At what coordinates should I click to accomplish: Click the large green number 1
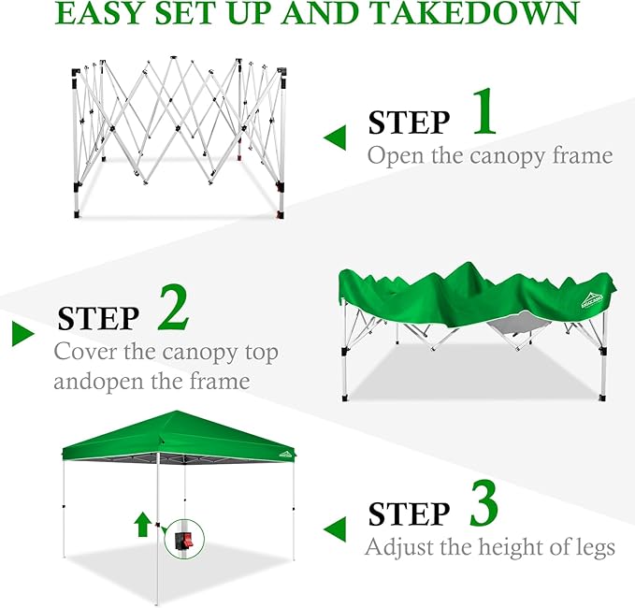pyautogui.click(x=484, y=112)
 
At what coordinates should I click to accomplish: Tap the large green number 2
pyautogui.click(x=173, y=308)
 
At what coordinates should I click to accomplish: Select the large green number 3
pyautogui.click(x=483, y=503)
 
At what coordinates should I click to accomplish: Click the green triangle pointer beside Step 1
pyautogui.click(x=336, y=138)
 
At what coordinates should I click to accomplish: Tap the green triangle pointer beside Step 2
pyautogui.click(x=22, y=334)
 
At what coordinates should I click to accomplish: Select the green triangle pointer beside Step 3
pyautogui.click(x=336, y=528)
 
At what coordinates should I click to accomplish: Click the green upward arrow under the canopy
pyautogui.click(x=142, y=524)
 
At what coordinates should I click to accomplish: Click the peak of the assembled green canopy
pyautogui.click(x=177, y=412)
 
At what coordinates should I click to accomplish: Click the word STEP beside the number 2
pyautogui.click(x=98, y=318)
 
